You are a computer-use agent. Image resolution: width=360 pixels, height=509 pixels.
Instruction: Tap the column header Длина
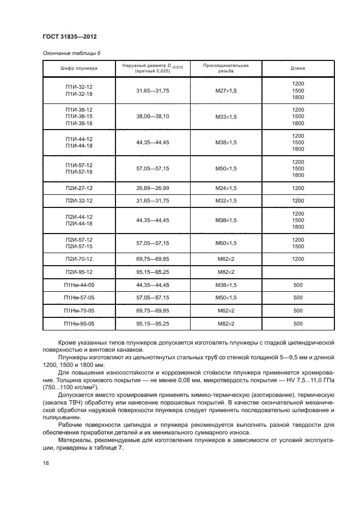pos(297,69)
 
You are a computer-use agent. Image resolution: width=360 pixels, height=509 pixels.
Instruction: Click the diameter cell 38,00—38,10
pos(152,116)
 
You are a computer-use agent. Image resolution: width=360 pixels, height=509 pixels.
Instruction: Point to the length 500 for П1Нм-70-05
pos(297,310)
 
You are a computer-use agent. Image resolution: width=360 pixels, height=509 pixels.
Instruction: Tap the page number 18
pos(46,463)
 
